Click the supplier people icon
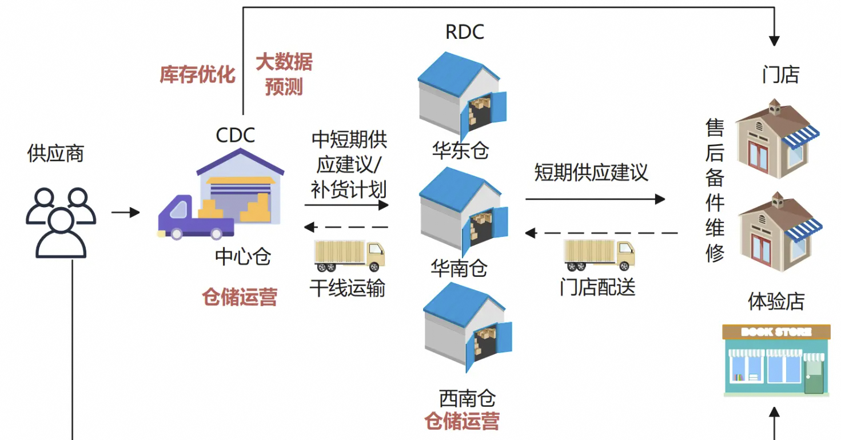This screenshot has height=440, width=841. (x=60, y=223)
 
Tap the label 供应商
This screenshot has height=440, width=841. (x=55, y=153)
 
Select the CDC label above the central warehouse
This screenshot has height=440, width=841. (x=235, y=136)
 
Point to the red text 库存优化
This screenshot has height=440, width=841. (x=197, y=74)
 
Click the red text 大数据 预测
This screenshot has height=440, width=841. (x=284, y=74)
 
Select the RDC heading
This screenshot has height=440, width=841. (x=464, y=32)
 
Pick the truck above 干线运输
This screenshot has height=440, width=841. (x=349, y=255)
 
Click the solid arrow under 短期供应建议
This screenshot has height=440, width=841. (x=595, y=199)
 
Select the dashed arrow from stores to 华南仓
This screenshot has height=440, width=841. (x=601, y=233)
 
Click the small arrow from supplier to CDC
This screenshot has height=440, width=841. (x=125, y=213)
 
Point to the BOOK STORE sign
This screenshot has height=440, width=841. (x=776, y=332)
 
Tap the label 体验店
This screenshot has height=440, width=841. (x=776, y=302)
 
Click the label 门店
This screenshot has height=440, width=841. (x=780, y=75)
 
